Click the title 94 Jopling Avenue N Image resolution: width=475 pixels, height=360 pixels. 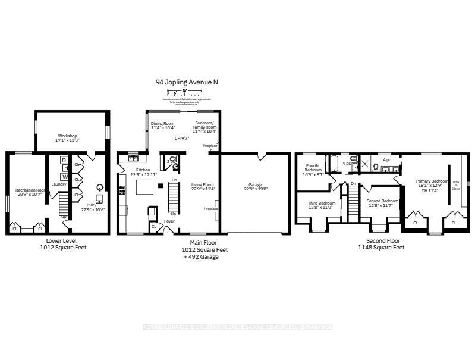click(184, 82)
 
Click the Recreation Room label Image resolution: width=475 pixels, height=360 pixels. click(31, 192)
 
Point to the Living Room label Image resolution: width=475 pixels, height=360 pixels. click(202, 187)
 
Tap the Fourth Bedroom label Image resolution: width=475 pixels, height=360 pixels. click(313, 170)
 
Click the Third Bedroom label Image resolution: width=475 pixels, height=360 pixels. click(321, 205)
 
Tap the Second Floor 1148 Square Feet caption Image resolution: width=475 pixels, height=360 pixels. click(380, 244)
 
